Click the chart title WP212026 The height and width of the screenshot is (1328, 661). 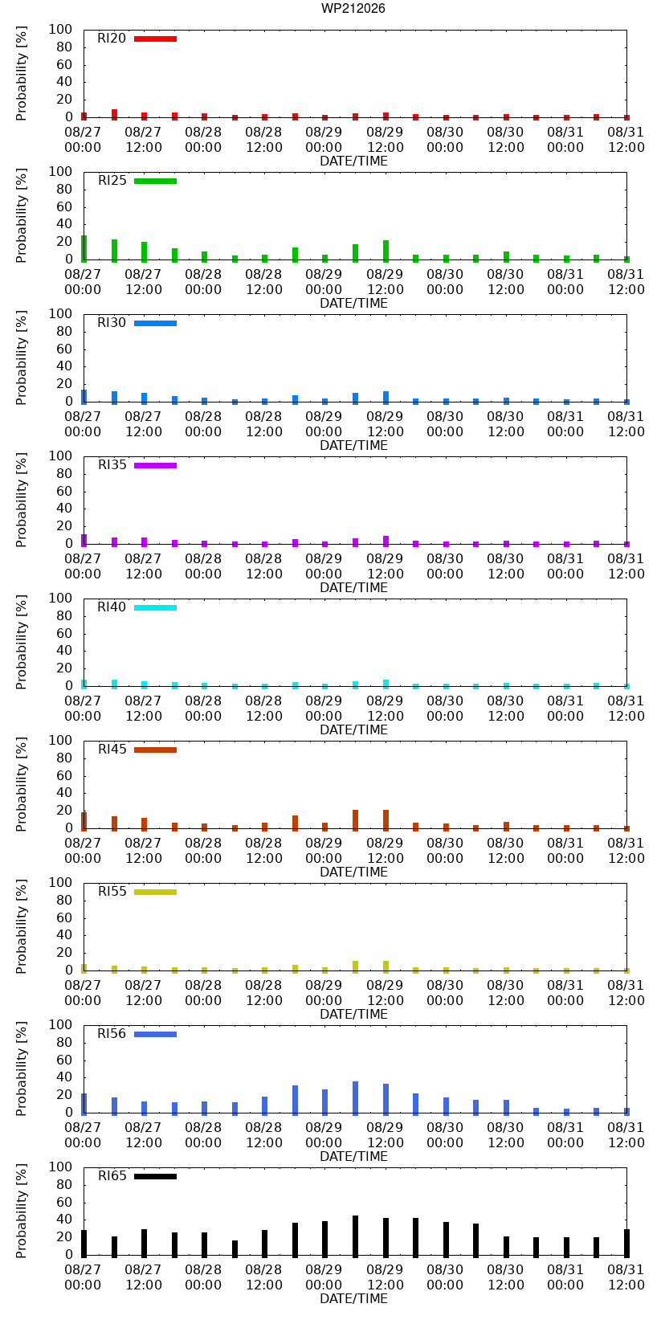[353, 8]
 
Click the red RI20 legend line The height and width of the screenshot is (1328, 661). [155, 39]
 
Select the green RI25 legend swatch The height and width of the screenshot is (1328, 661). [155, 182]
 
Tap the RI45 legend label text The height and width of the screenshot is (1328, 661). [112, 750]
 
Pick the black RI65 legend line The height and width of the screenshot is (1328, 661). [155, 1176]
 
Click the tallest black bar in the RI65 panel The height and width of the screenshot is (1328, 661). [355, 1236]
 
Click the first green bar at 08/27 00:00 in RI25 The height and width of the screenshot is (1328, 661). [84, 249]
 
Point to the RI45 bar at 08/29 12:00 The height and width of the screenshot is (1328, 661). [386, 820]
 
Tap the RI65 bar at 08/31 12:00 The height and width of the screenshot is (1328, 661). [626, 1243]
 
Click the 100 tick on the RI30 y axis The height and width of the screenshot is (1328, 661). [60, 313]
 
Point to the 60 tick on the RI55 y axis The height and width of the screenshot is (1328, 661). [64, 917]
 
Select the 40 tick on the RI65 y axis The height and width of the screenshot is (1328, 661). [64, 1220]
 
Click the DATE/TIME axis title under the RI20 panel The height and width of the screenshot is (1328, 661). [354, 161]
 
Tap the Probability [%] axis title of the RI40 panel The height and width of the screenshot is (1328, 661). [22, 642]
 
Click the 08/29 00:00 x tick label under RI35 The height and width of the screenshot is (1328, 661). [324, 566]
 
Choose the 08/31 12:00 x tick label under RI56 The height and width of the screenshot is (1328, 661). [626, 1134]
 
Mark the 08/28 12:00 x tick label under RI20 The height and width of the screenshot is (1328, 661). [263, 140]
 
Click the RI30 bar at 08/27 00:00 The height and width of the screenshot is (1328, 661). [84, 397]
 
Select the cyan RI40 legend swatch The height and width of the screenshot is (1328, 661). [155, 607]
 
